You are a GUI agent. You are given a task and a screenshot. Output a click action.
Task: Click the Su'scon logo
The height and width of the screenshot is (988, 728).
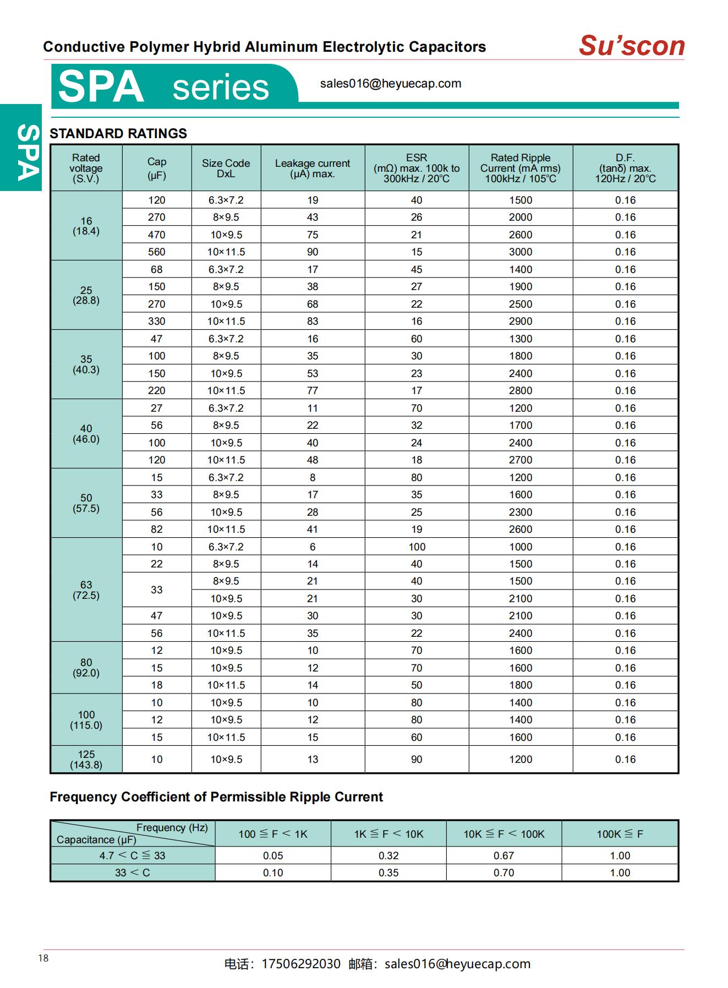click(631, 46)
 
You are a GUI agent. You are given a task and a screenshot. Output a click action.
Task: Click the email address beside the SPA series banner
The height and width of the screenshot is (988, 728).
click(390, 84)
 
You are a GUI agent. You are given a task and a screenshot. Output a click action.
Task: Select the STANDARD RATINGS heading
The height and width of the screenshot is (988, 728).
click(118, 133)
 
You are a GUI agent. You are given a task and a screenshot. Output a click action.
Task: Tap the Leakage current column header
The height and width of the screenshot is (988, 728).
click(313, 168)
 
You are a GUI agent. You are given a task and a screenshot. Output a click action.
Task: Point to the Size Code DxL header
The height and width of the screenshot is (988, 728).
click(226, 168)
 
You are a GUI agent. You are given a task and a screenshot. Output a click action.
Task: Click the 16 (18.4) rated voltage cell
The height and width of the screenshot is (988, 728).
click(86, 226)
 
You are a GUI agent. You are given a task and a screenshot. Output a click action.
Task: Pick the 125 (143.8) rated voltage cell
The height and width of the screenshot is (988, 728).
click(86, 759)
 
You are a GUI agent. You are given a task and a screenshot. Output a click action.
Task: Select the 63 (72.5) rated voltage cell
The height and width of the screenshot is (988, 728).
click(86, 589)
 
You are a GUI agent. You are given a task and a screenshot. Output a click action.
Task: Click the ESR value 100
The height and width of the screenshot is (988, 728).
click(417, 547)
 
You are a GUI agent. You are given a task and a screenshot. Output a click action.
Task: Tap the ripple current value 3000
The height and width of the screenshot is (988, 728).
click(520, 252)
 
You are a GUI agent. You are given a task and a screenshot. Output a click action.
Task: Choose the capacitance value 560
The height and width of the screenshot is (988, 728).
click(156, 252)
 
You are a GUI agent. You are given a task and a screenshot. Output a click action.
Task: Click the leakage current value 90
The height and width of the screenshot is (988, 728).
click(313, 252)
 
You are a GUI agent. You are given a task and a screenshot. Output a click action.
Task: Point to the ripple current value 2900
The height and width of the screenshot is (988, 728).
click(520, 321)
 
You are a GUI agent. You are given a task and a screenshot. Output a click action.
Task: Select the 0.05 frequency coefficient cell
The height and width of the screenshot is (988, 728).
click(273, 855)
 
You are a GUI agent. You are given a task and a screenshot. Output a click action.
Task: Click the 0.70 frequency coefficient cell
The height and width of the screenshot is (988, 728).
click(503, 872)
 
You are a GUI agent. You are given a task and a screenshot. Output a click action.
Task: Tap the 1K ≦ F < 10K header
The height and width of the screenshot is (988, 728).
click(388, 834)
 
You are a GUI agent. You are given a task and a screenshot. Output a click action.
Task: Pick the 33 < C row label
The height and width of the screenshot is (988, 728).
click(132, 872)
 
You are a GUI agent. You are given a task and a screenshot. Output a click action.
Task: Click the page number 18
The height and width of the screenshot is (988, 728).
click(43, 958)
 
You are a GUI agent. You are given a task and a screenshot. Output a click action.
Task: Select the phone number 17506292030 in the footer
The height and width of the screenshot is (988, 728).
click(301, 964)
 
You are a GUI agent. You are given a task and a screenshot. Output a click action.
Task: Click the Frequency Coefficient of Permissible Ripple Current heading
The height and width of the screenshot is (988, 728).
click(216, 796)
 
